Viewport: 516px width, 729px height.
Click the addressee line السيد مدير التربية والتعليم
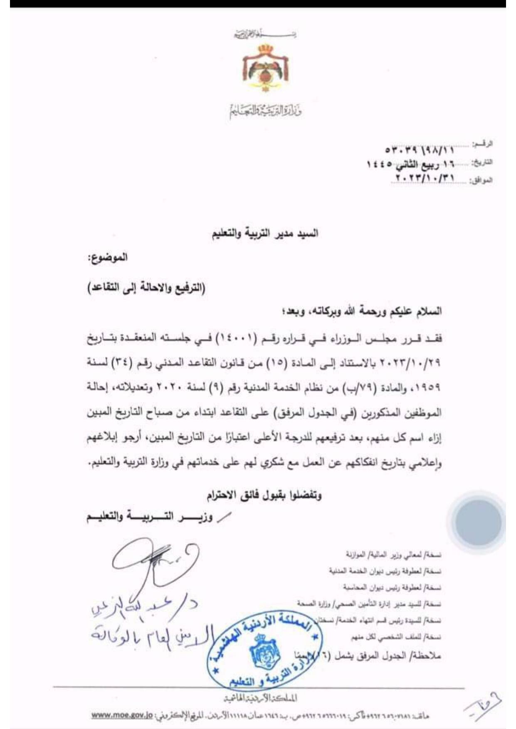(265, 233)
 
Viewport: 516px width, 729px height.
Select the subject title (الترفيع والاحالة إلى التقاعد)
(146, 288)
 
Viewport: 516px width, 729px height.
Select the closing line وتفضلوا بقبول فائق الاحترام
(264, 495)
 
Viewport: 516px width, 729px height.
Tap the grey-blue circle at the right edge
(478, 522)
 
